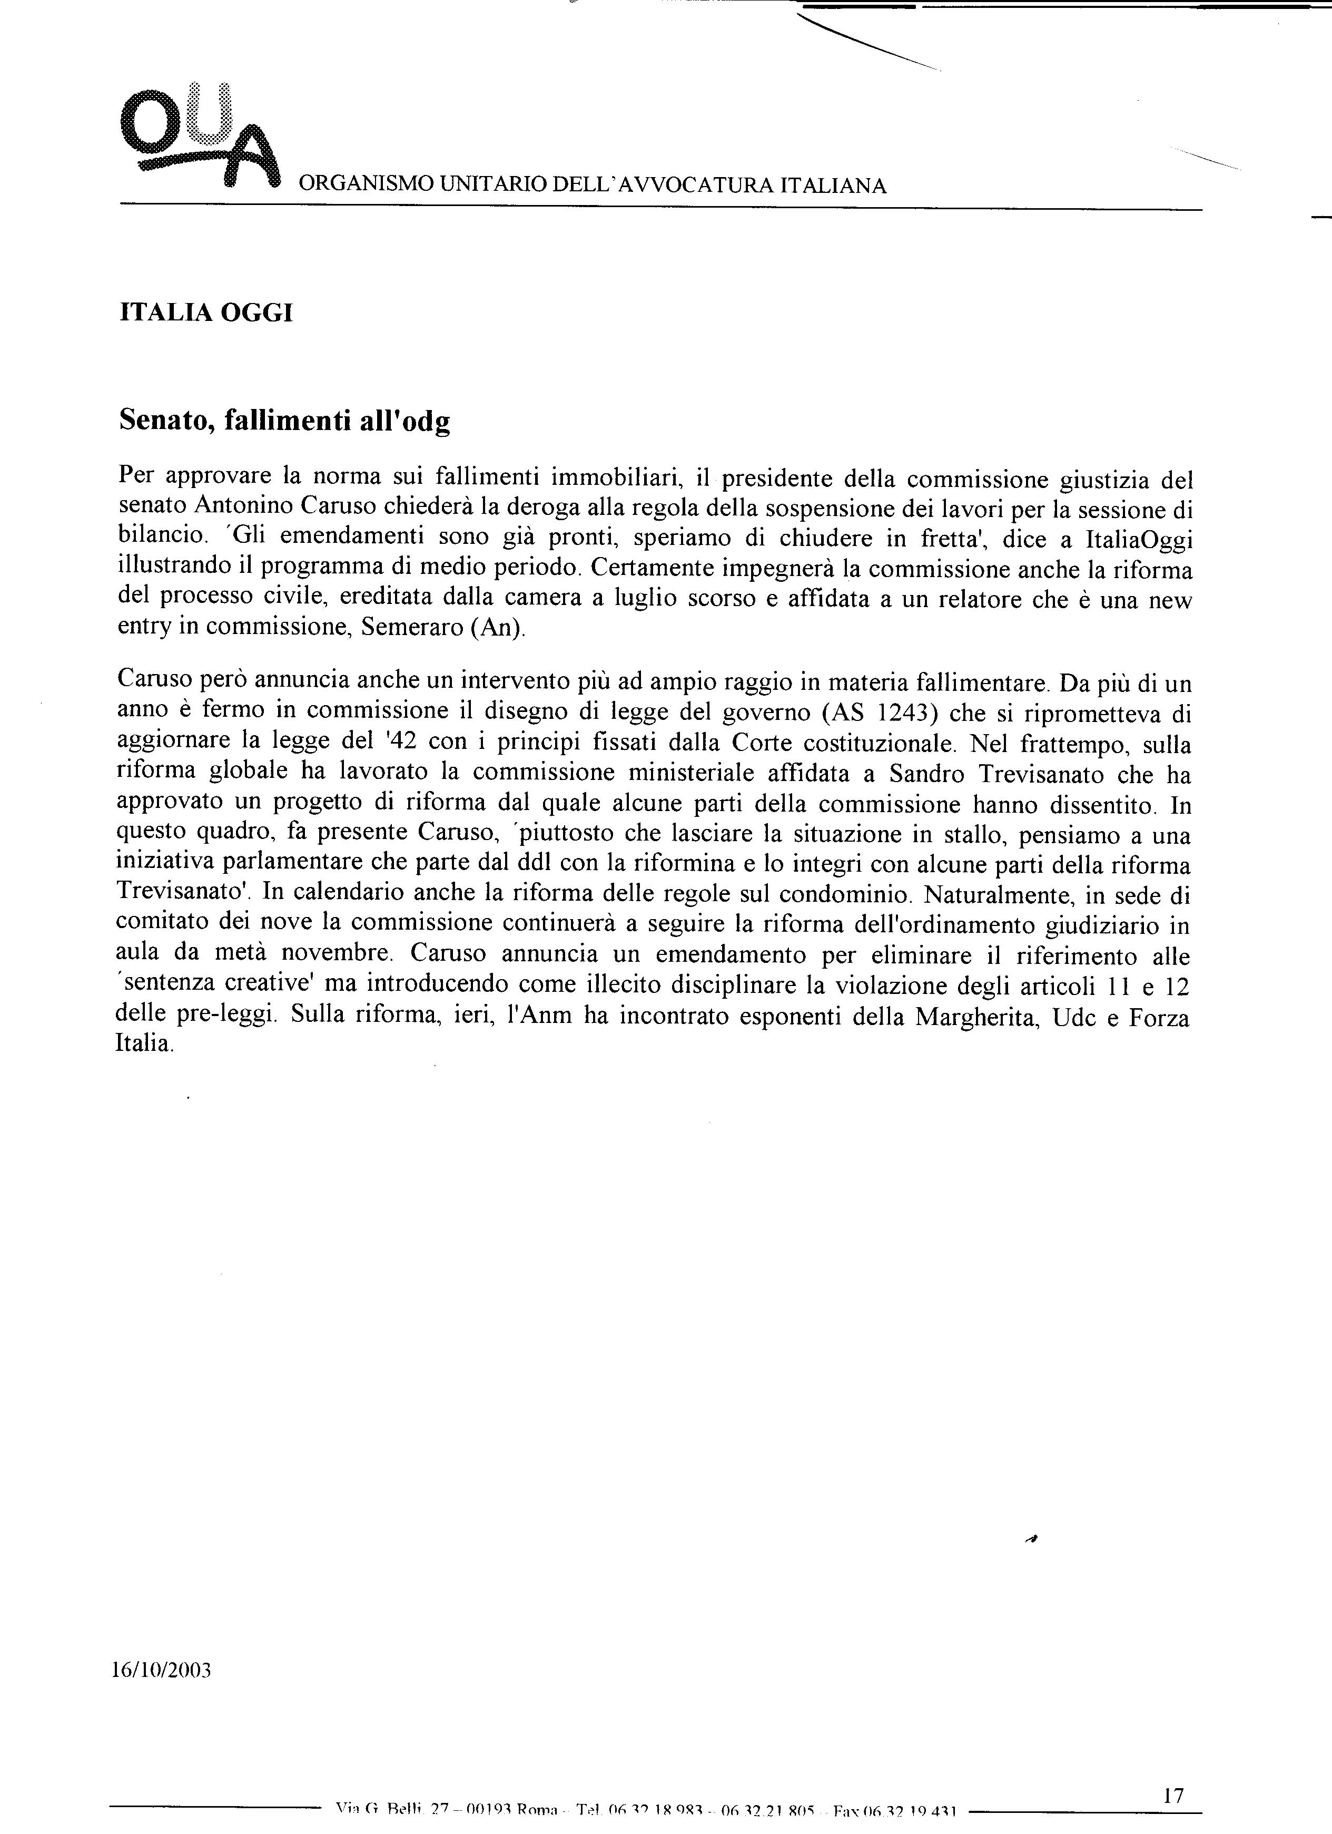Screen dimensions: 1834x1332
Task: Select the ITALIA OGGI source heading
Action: [205, 313]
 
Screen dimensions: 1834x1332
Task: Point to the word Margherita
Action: [975, 1017]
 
